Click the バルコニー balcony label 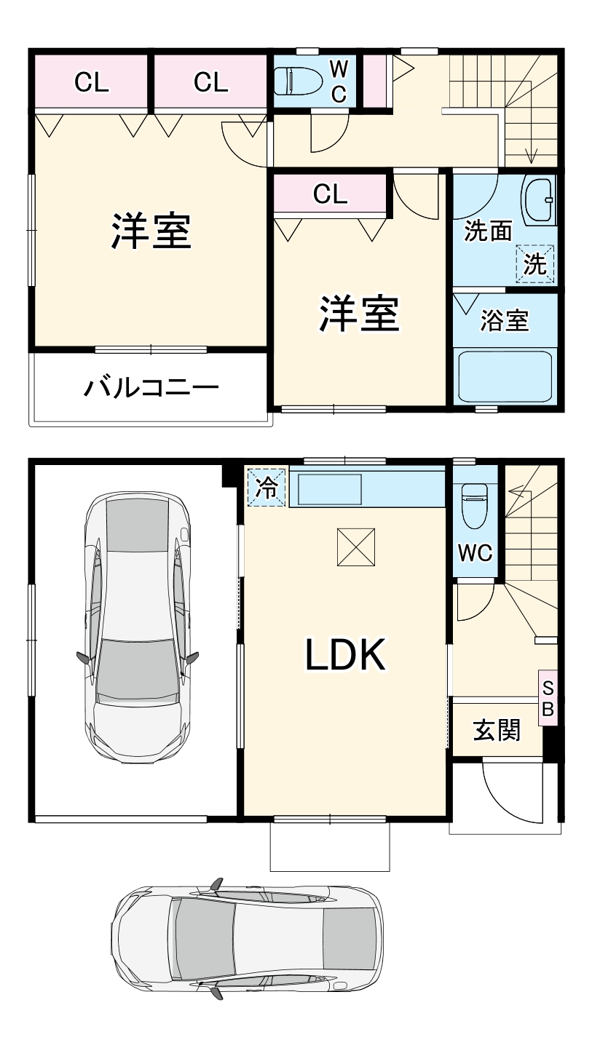coord(151,386)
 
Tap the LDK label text coord(344,655)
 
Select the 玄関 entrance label coord(497,730)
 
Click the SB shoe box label coord(548,698)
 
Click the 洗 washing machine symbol coord(536,264)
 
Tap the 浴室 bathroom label coord(504,320)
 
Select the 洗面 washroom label coord(488,231)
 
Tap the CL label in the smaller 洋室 coord(330,194)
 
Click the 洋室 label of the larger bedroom coord(151,231)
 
